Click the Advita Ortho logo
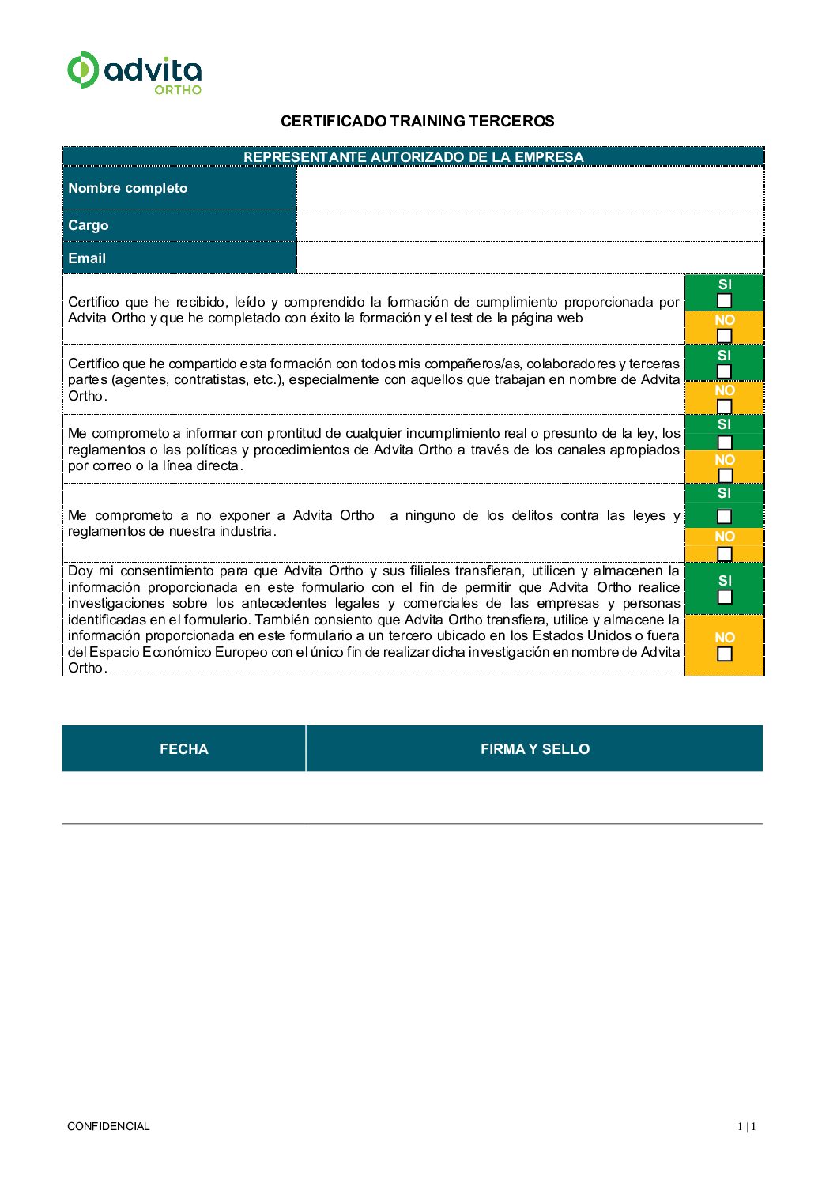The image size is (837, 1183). tap(134, 72)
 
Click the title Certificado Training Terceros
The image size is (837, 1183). tap(417, 121)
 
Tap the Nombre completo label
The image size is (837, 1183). tap(128, 188)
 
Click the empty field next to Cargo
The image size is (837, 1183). tap(530, 225)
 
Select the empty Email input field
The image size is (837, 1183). tap(530, 258)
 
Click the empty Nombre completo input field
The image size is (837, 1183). tap(530, 188)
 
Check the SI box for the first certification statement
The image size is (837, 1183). tap(724, 300)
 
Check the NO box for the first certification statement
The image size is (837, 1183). tap(724, 335)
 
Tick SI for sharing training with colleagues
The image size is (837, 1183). tap(724, 371)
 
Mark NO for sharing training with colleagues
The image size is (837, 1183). tap(724, 406)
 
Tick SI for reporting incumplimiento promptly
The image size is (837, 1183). tap(724, 442)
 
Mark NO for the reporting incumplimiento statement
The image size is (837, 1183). tap(724, 475)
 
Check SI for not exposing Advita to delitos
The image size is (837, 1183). tap(724, 517)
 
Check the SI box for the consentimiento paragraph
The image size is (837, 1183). tap(724, 597)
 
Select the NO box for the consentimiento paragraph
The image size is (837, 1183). tap(724, 654)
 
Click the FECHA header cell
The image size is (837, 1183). tap(183, 748)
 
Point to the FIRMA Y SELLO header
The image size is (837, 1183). tap(534, 748)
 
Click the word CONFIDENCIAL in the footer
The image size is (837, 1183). tap(108, 1126)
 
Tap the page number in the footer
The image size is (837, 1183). tap(747, 1126)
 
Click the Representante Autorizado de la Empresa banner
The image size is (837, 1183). tap(413, 156)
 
